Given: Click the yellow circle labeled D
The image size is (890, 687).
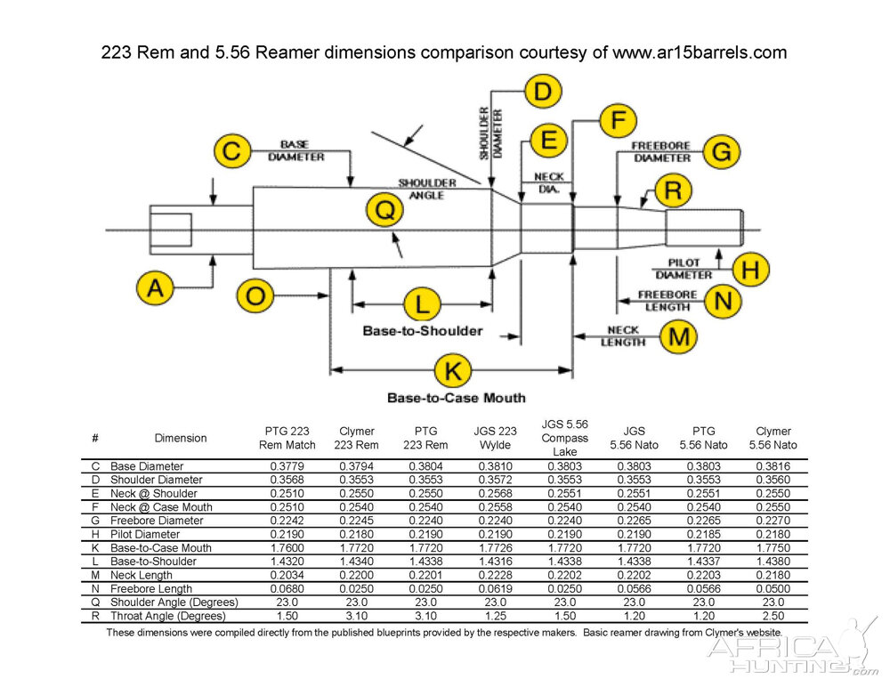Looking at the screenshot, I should pos(543,92).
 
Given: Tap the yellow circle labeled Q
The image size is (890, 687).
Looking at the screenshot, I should pos(384,212).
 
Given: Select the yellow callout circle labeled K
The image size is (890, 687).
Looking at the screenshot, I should pos(453,370).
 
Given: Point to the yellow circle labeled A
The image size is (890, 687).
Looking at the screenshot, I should pos(156,288).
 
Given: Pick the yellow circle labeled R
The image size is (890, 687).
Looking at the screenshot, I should pos(674,190).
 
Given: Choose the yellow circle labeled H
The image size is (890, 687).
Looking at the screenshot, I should pos(750,269).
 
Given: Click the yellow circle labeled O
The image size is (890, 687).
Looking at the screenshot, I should pos(255,296).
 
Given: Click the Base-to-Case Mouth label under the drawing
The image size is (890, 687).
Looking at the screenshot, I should pos(457,398).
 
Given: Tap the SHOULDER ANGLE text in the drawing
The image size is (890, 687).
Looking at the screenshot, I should pos(427,189).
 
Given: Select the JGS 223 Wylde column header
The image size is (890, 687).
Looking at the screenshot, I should pos(494,438).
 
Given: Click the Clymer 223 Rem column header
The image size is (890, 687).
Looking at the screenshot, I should pos(356,438).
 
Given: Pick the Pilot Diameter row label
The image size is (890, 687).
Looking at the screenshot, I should pos(145,534).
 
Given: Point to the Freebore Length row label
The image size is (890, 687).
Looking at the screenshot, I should pos(150,588).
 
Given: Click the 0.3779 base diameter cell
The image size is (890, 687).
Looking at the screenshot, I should pos(287,466).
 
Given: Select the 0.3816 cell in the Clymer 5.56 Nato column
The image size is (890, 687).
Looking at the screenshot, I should pos(773,466).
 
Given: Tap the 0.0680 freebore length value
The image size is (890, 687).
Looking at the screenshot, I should pos(287,588).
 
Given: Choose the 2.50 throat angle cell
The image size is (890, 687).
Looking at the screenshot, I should pos(773,616).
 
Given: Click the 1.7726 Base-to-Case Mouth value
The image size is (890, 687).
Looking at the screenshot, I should pos(494,547).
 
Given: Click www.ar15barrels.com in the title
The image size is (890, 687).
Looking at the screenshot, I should pos(700,53).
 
